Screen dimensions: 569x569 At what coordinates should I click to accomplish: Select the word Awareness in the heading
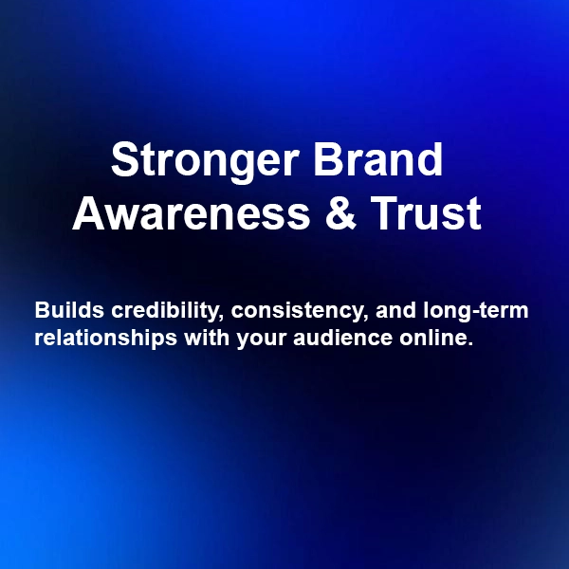pyautogui.click(x=191, y=214)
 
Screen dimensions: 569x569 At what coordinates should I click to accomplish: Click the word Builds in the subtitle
pyautogui.click(x=63, y=311)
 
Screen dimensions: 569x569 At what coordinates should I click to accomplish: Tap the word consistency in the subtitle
pyautogui.click(x=288, y=311)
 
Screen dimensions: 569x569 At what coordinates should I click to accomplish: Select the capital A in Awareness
pyautogui.click(x=88, y=214)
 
